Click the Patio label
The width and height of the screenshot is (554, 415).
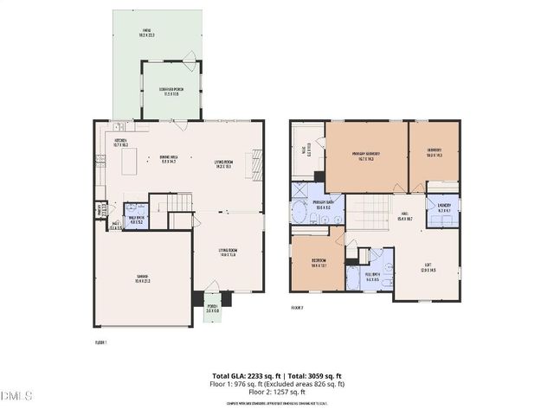(x=145, y=34)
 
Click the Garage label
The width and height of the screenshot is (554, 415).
(x=141, y=278)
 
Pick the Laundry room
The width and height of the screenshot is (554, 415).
(x=445, y=210)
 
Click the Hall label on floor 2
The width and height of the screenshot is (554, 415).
(x=404, y=216)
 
